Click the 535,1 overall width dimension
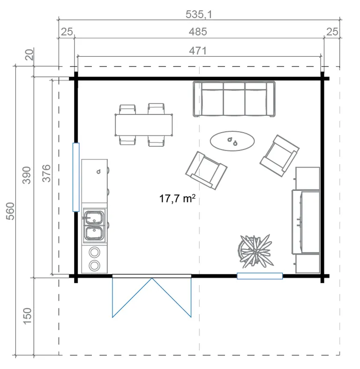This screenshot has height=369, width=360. pyautogui.click(x=199, y=14)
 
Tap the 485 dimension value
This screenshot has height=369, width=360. pyautogui.click(x=198, y=31)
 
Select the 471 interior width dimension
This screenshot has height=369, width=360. pyautogui.click(x=198, y=51)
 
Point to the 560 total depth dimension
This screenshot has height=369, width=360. pyautogui.click(x=10, y=211)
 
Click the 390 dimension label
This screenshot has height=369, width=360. pyautogui.click(x=27, y=175)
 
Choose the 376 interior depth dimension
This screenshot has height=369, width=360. pyautogui.click(x=46, y=173)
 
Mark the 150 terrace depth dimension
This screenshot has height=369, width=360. pyautogui.click(x=27, y=316)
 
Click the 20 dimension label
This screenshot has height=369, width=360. pyautogui.click(x=30, y=54)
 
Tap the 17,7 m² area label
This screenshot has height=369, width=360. pyautogui.click(x=177, y=198)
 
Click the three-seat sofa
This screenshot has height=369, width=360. pyautogui.click(x=234, y=99)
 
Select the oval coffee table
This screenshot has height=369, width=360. pyautogui.click(x=232, y=141)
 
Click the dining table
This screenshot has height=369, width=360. pyautogui.click(x=144, y=125)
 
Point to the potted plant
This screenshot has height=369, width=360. pyautogui.click(x=255, y=251)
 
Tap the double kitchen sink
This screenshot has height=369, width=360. pyautogui.click(x=94, y=226)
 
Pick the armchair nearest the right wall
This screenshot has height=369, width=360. pyautogui.click(x=279, y=156)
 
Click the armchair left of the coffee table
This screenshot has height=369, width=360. pyautogui.click(x=206, y=170)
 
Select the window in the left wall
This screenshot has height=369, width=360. pyautogui.click(x=76, y=177)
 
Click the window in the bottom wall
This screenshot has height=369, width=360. pyautogui.click(x=260, y=276)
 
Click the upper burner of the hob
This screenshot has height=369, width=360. pyautogui.click(x=94, y=252)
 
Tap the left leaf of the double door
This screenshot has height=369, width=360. pyautogui.click(x=132, y=298)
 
